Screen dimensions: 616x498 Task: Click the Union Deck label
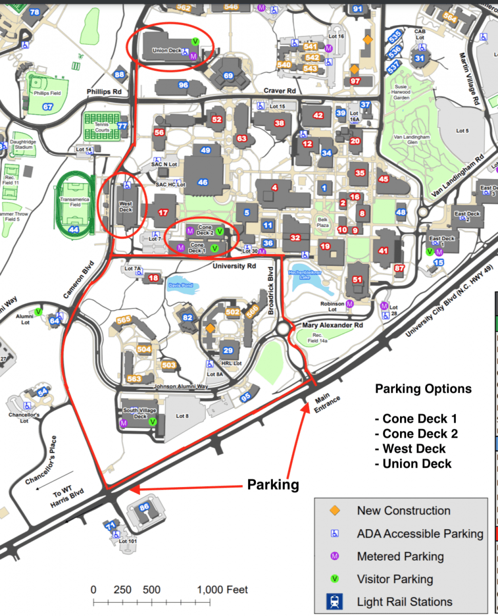coord(167,51)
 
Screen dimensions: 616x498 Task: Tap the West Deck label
coord(126,206)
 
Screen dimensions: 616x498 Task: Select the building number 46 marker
coord(203,182)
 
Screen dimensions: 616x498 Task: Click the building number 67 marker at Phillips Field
coord(48,107)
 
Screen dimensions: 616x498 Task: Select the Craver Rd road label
coord(280,91)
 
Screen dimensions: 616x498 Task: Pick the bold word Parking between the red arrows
coord(273,484)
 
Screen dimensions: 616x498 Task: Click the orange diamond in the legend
coord(335,510)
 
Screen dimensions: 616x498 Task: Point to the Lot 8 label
coord(182,416)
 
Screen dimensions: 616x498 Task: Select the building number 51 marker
coord(357,280)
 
